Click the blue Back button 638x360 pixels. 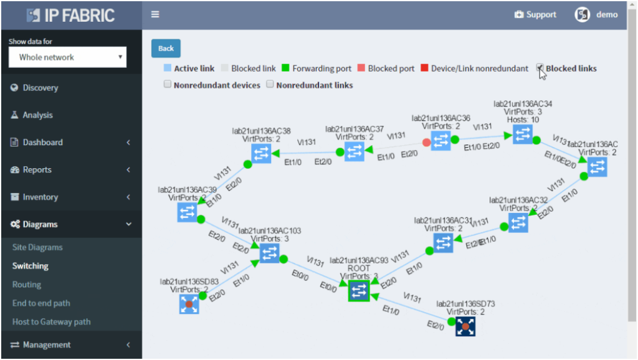pos(166,49)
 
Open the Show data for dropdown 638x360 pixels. pos(67,57)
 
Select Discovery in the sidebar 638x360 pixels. pos(40,88)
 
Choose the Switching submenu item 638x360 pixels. pos(31,266)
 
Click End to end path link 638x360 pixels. pos(41,303)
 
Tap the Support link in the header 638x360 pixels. pos(535,15)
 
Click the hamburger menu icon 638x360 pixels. pos(155,15)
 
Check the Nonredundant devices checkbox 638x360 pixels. pos(168,84)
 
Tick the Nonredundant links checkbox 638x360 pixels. pos(270,84)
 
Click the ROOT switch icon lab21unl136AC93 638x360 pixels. pos(359,291)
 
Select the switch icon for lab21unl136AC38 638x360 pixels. pos(262,154)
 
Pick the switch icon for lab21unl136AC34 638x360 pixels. pos(522,135)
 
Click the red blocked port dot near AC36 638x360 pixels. pos(426,143)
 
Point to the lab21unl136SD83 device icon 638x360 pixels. pos(189,304)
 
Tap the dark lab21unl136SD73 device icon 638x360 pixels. pos(465,326)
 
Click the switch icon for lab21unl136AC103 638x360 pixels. pos(269,253)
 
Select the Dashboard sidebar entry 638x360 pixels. pos(42,143)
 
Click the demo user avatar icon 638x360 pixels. pos(582,15)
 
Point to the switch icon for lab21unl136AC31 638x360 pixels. pos(443,243)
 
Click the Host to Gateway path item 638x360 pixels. pos(51,322)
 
